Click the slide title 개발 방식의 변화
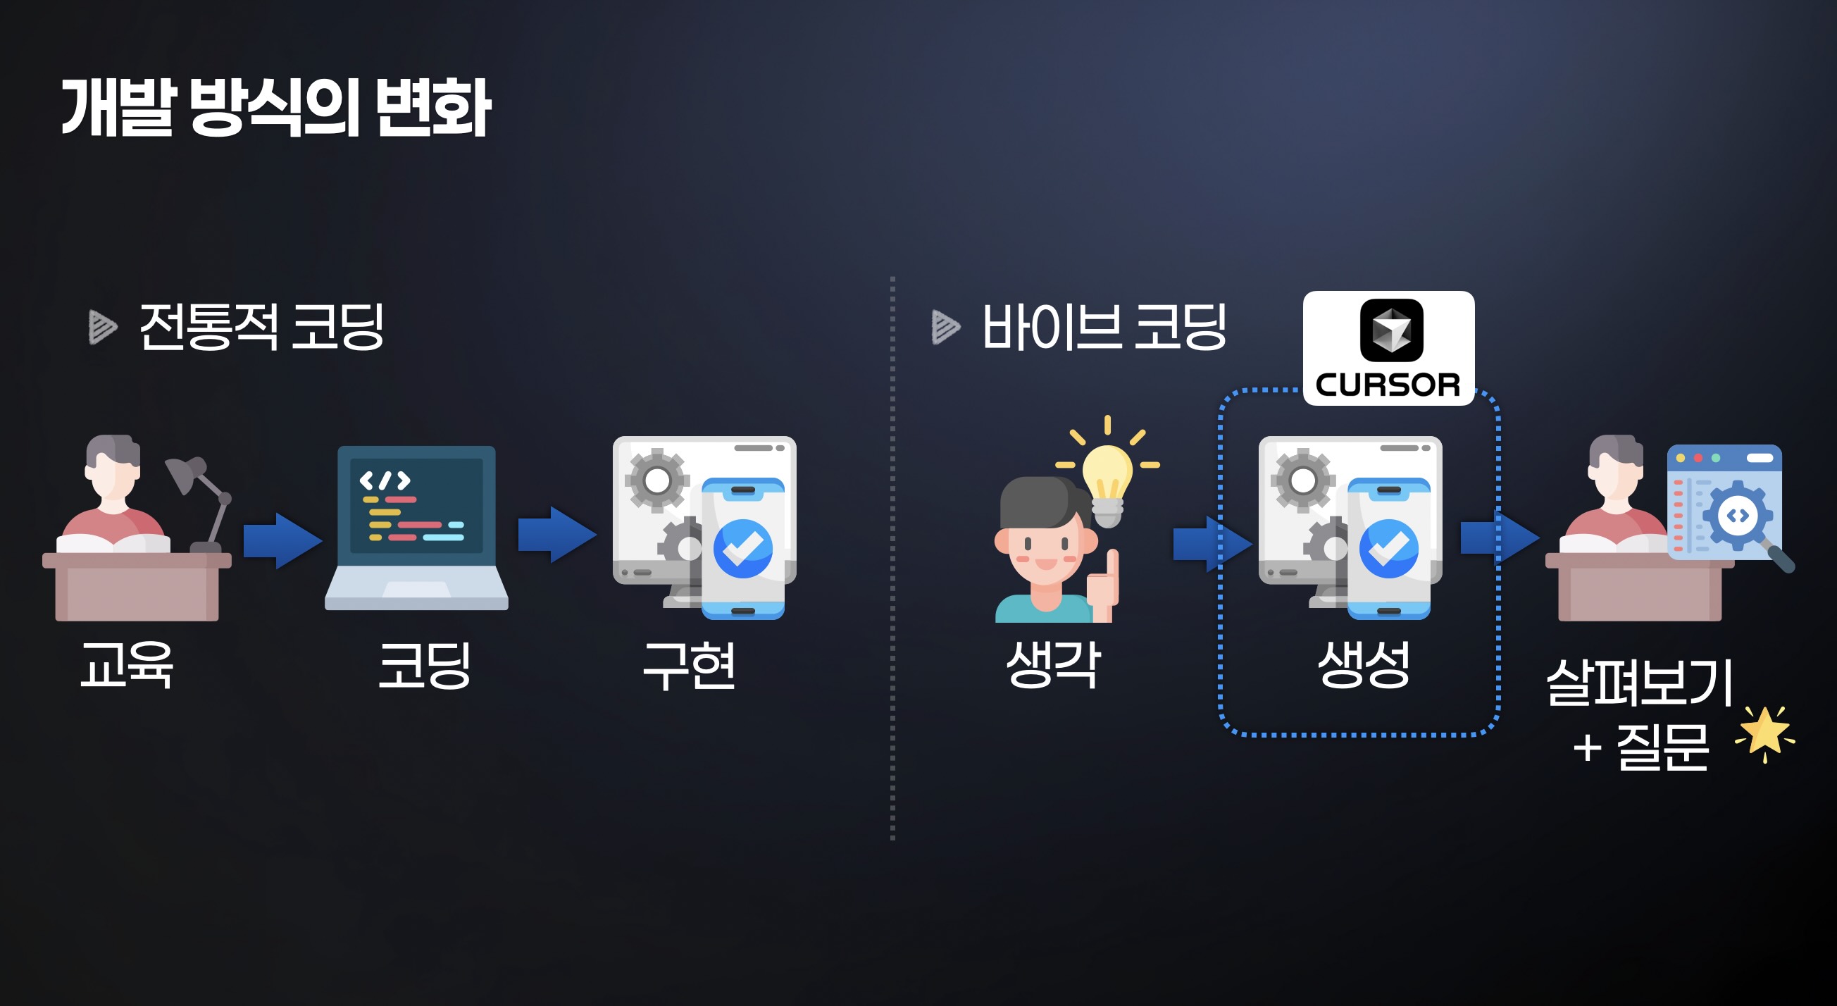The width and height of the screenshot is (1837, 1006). [x=276, y=107]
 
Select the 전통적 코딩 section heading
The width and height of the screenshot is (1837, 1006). [x=261, y=327]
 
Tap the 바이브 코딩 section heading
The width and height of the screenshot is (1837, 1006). [x=1104, y=327]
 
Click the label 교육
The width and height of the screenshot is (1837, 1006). [x=126, y=664]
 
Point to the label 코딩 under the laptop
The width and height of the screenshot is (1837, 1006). [x=423, y=664]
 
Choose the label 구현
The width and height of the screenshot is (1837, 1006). [x=689, y=664]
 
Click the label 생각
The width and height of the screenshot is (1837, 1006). [x=1052, y=664]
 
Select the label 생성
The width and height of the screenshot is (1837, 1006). [x=1364, y=664]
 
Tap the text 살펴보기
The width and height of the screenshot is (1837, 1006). [x=1639, y=682]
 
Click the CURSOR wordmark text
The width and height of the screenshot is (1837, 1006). [x=1388, y=385]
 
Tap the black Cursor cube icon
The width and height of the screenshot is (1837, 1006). [x=1391, y=330]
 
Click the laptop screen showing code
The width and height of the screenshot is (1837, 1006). [x=416, y=505]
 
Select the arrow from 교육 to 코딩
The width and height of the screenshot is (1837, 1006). [x=282, y=541]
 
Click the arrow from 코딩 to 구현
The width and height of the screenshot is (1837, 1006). [x=557, y=535]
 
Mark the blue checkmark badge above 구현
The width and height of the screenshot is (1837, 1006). [x=743, y=548]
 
